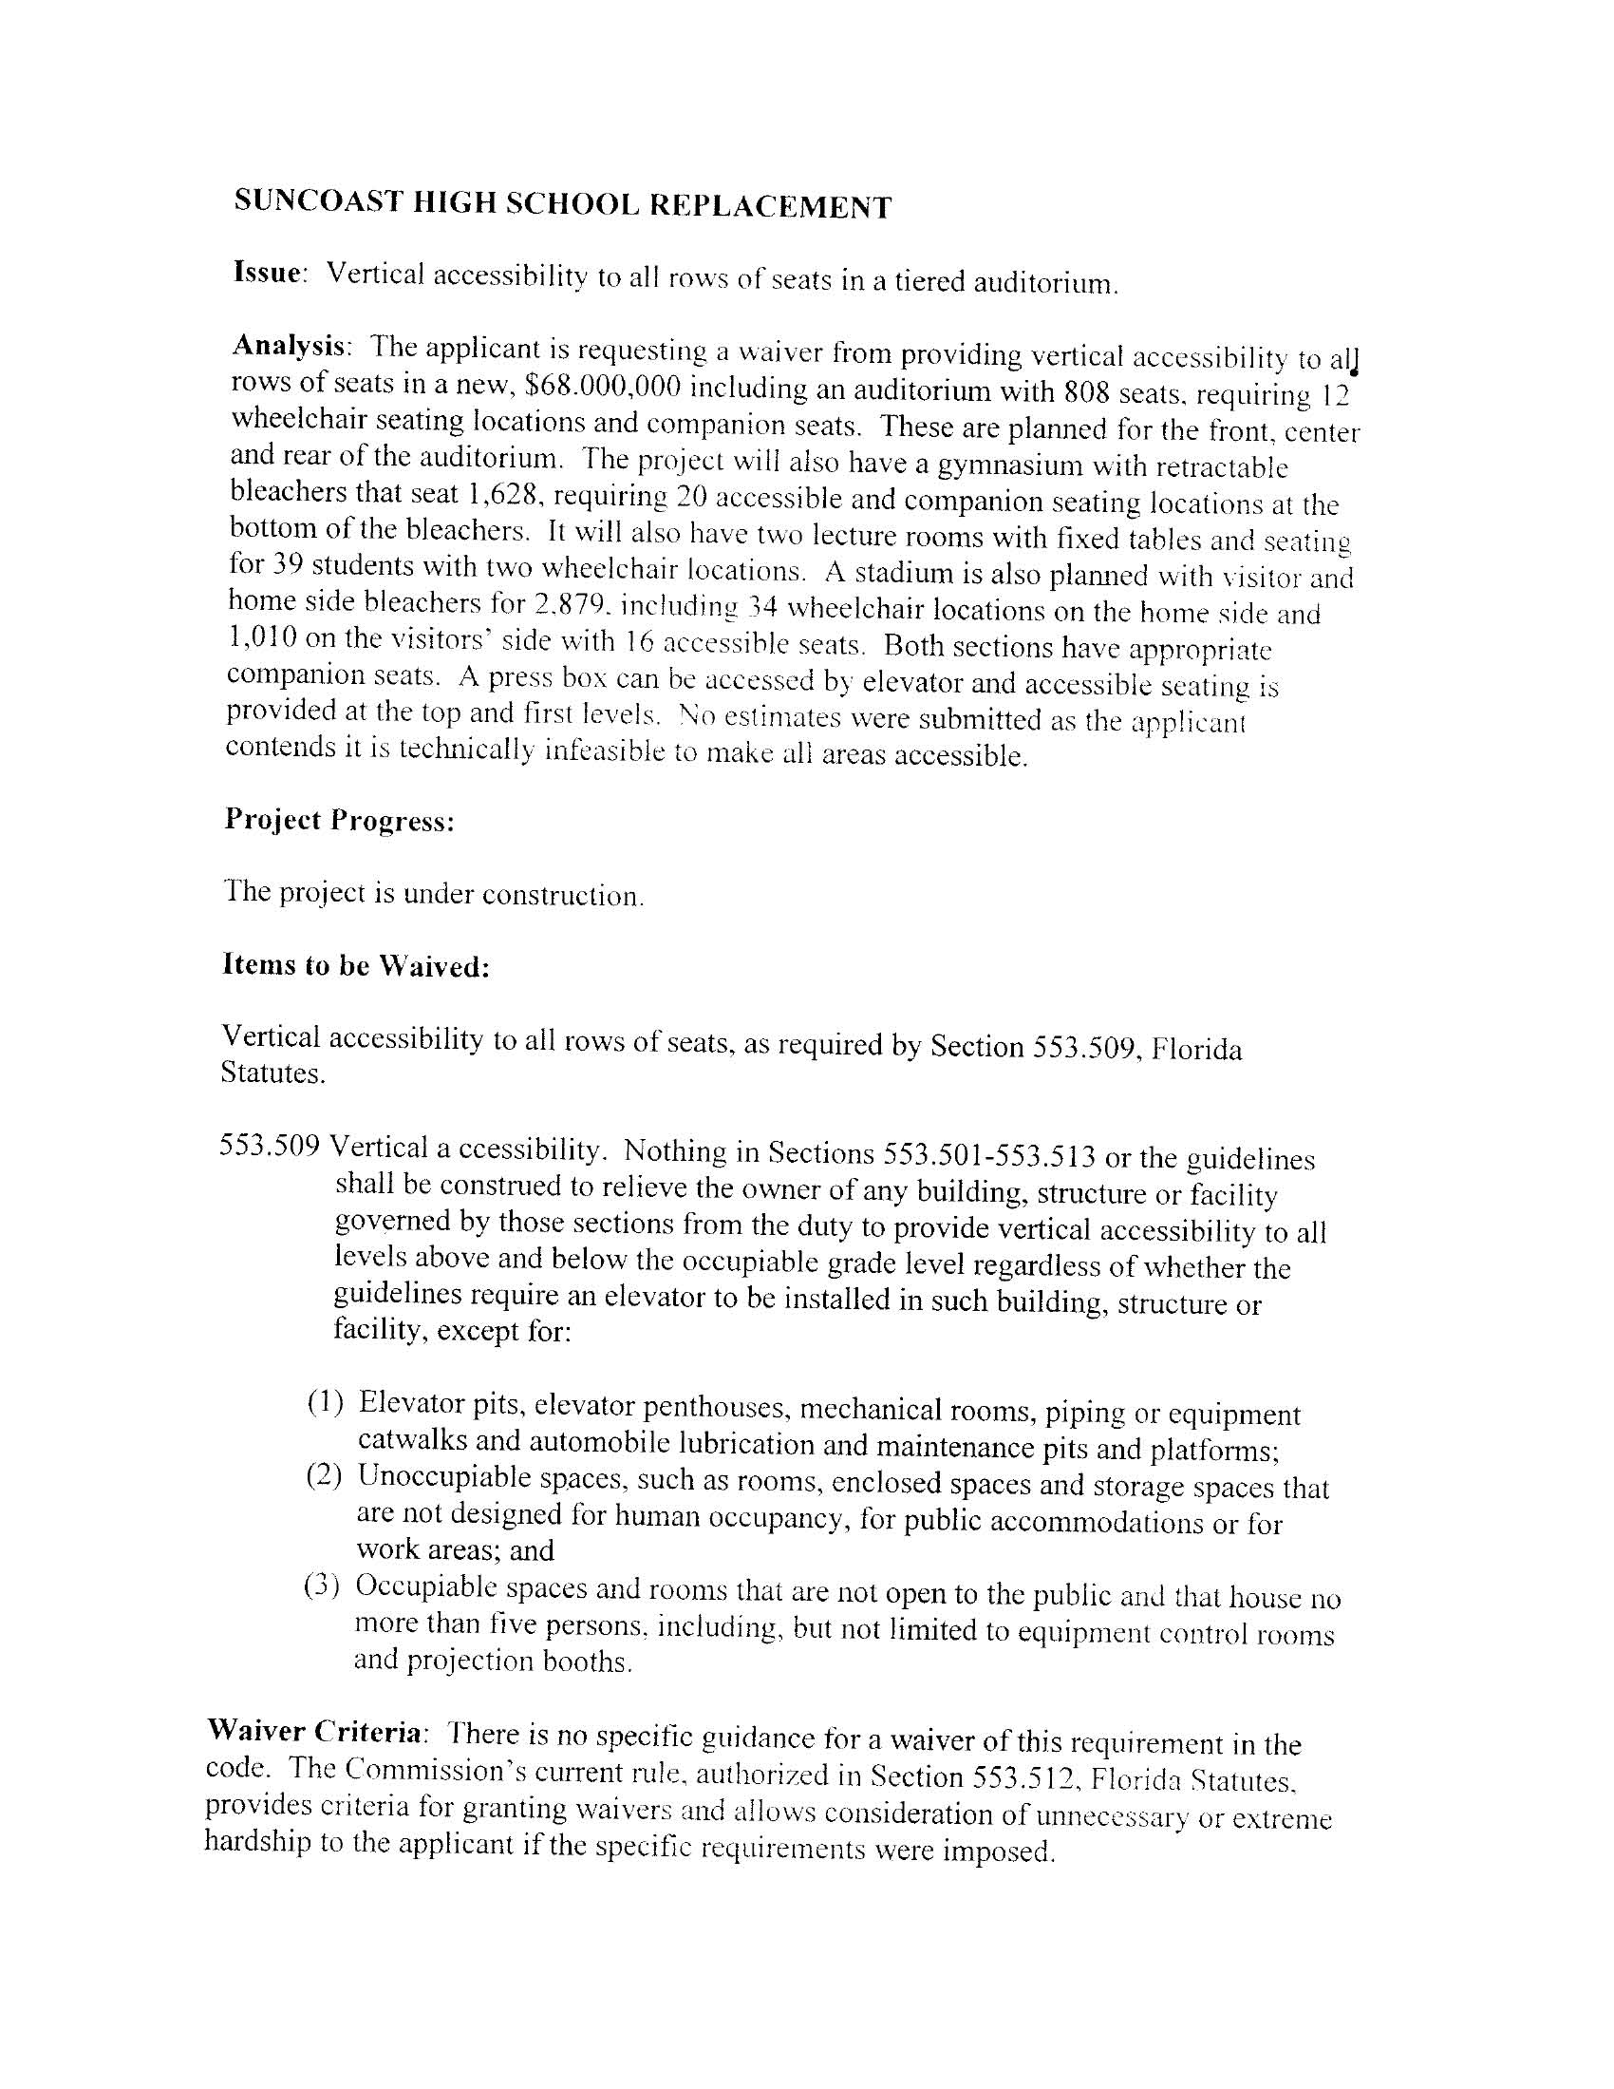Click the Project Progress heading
[x=339, y=821]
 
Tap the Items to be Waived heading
[x=356, y=966]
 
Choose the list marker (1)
[x=325, y=1402]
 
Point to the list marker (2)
[x=324, y=1475]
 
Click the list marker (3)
[x=322, y=1586]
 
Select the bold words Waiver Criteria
[x=314, y=1732]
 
